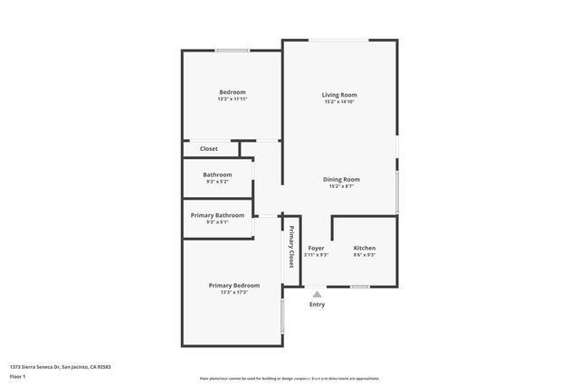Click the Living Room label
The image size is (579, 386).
pos(339,95)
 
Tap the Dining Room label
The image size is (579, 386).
pos(342,179)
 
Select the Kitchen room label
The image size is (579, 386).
pos(364,248)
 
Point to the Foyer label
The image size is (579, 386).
pos(316,248)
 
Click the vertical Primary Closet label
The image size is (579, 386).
pos(291,246)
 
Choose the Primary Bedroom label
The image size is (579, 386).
pos(233,286)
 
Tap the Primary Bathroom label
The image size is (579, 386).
pos(217,215)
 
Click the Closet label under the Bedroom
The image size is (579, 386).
pos(209,148)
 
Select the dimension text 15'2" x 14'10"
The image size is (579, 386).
pos(339,102)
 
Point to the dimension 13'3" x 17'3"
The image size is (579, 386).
pos(233,293)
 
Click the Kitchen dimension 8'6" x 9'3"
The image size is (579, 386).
pos(364,255)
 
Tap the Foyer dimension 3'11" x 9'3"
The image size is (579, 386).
pos(316,255)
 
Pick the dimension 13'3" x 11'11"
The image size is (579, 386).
pos(233,99)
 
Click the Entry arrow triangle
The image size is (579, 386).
pos(317,293)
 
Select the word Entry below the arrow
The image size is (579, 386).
pos(317,304)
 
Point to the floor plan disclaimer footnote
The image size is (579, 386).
pos(289,379)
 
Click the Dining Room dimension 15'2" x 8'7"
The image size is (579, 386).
pos(342,187)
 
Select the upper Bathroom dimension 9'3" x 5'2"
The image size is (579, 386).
pos(217,182)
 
